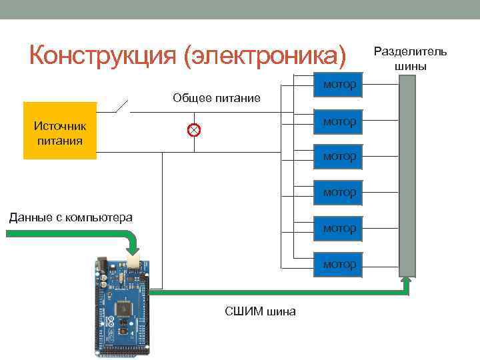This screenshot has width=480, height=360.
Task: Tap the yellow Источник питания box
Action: click(60, 131)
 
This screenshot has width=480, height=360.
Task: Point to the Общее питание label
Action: click(216, 99)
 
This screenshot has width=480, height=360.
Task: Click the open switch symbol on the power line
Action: click(124, 105)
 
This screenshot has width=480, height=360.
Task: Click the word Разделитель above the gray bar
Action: click(410, 51)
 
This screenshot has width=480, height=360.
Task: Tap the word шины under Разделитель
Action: click(410, 66)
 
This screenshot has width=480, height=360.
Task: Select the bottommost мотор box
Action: click(339, 265)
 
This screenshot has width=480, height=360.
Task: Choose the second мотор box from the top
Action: click(339, 121)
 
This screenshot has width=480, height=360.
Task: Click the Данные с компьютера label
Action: click(70, 217)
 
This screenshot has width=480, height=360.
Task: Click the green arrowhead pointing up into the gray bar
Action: click(407, 281)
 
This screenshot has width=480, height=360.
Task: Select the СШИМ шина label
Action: click(261, 311)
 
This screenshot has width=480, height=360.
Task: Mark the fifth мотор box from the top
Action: click(339, 229)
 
